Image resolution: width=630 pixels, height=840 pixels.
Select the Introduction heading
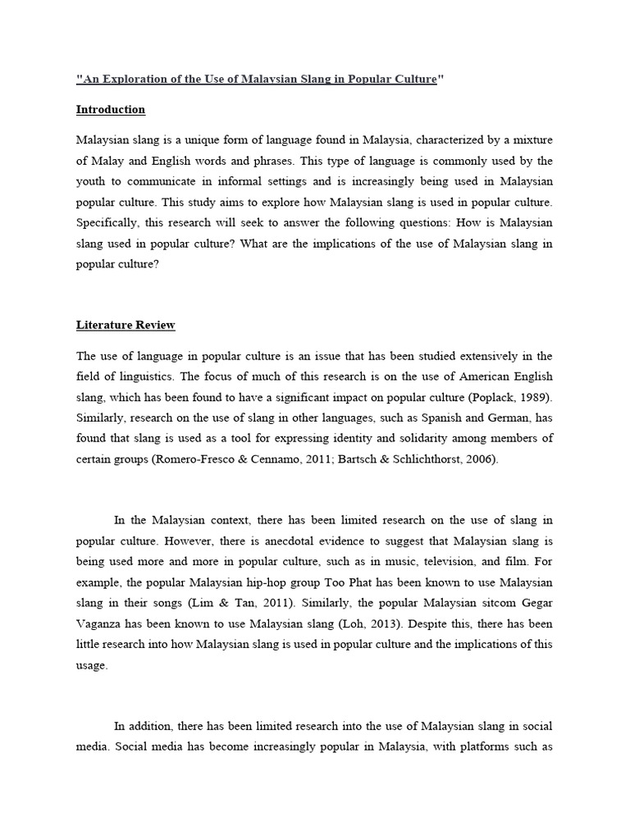tap(111, 109)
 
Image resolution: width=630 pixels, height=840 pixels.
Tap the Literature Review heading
tap(126, 325)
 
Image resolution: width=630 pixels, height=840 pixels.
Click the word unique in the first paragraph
tap(186, 140)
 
